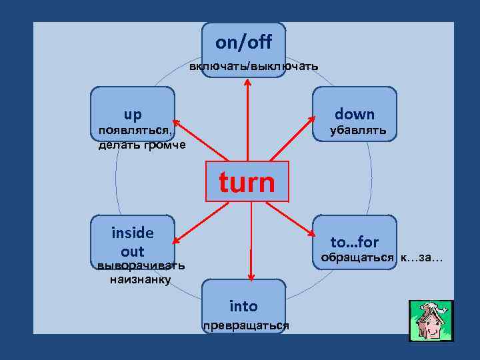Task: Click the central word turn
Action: click(247, 181)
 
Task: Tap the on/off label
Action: click(243, 43)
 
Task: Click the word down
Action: click(355, 114)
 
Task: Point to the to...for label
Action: click(355, 242)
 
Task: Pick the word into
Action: click(243, 306)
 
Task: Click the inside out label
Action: click(133, 241)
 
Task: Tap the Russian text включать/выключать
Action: click(253, 67)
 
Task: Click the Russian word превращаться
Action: click(246, 325)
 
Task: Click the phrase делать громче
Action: click(142, 145)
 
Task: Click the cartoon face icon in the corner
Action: click(431, 321)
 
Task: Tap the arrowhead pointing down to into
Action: click(251, 276)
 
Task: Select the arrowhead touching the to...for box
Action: click(313, 233)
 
